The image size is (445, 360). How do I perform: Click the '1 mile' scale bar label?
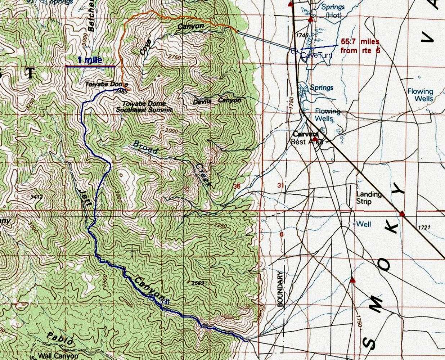tap(90, 60)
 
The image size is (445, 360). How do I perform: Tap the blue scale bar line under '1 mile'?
tap(90, 66)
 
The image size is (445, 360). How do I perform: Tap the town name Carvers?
tap(303, 134)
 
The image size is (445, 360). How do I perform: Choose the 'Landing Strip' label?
tap(369, 198)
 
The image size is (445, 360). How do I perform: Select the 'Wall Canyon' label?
tap(58, 356)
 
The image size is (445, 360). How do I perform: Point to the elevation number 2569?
tap(198, 283)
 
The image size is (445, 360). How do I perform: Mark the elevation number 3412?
tap(37, 197)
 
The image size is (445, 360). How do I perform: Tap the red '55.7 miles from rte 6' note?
tap(360, 46)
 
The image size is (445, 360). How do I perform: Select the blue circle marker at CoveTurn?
tap(294, 51)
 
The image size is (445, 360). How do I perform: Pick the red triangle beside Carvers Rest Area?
tap(315, 139)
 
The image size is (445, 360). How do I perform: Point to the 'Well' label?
tap(364, 224)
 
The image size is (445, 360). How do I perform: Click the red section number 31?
tap(280, 186)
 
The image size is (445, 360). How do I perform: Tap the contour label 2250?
tap(220, 226)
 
